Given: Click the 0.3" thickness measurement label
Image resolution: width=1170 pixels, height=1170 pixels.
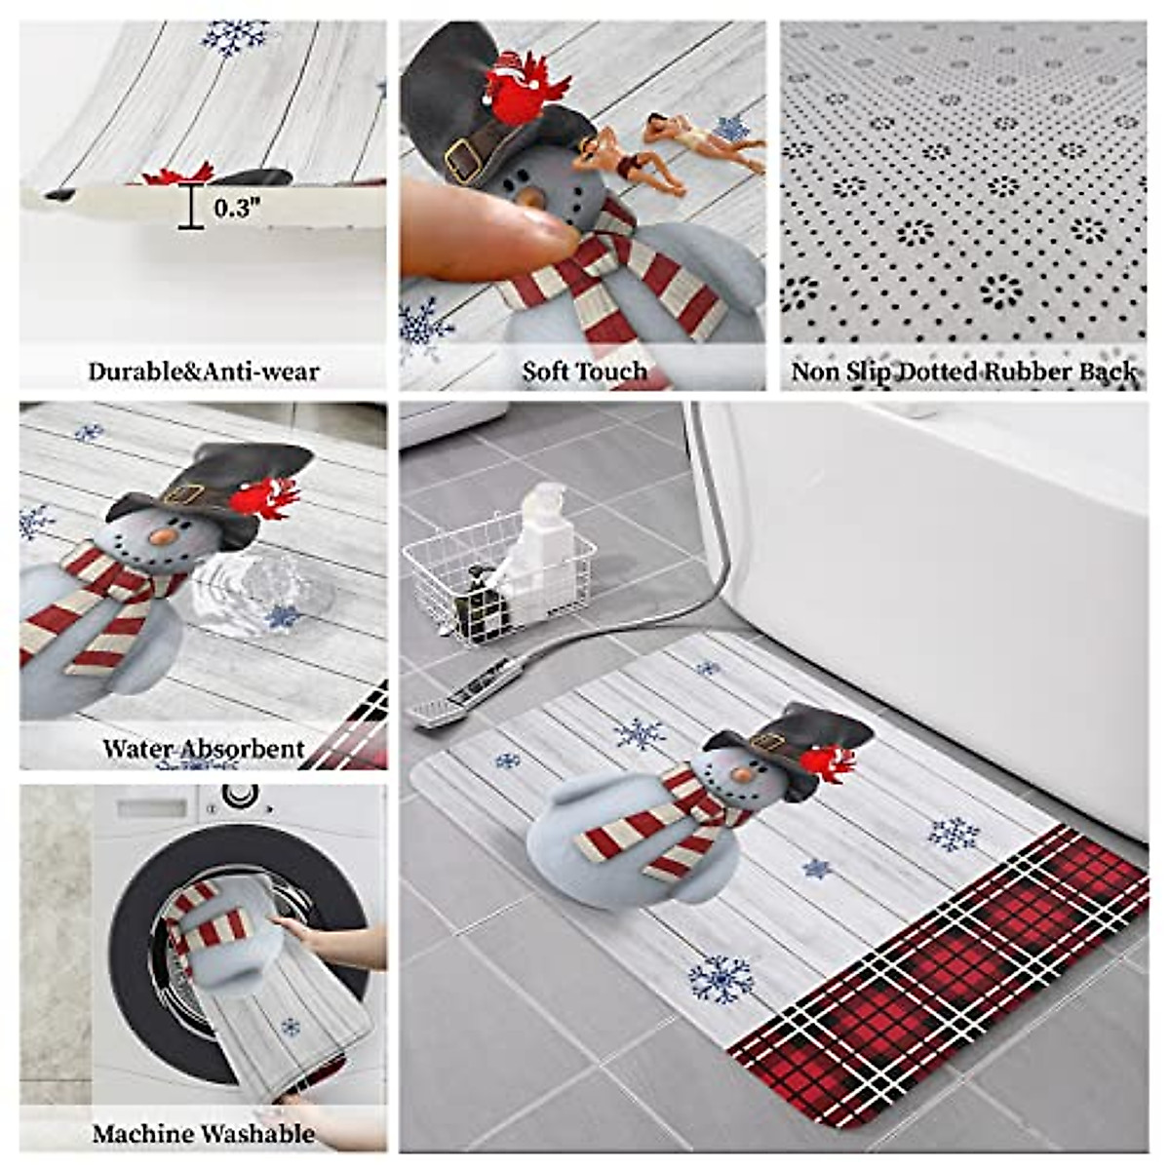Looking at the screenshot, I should (237, 208).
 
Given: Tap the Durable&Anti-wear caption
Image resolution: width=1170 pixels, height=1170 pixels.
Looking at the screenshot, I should (203, 371).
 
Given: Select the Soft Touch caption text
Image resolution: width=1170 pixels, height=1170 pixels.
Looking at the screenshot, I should (583, 371).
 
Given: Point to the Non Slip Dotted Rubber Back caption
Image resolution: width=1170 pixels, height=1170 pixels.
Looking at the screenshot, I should (963, 371).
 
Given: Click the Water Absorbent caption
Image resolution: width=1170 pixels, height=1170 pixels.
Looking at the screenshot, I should (203, 749).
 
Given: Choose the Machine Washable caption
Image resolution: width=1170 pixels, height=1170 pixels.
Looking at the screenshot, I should (203, 1134).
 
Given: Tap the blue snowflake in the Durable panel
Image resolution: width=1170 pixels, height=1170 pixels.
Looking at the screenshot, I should (234, 37).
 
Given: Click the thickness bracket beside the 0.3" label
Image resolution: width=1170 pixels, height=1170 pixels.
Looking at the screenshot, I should (190, 208).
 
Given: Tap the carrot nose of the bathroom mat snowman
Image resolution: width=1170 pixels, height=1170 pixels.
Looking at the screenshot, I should (742, 774).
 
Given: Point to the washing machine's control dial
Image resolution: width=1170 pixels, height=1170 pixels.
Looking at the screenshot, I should (239, 796).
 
